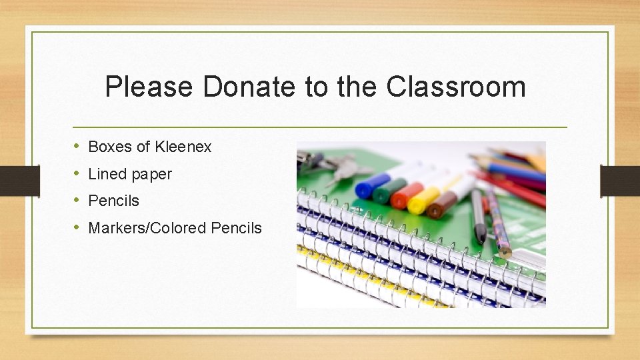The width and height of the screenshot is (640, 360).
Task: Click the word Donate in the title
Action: coord(248,87)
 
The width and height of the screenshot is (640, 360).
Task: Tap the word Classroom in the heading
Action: coord(455,87)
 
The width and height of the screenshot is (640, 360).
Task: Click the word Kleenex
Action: coord(183,147)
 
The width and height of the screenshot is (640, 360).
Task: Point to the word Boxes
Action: coord(111,147)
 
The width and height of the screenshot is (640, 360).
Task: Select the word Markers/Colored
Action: coord(147,228)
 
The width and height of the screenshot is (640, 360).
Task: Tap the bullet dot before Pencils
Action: coord(76,200)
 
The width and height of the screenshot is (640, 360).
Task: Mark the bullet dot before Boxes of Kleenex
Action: coord(76,146)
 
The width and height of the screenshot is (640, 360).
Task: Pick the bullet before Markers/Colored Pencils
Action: coord(76,227)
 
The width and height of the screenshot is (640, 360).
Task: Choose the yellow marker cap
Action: coord(419,202)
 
